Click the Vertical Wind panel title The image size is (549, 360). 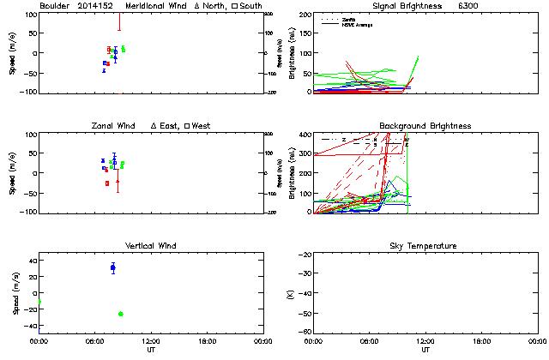[x=151, y=246]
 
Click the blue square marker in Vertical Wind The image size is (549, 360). [x=112, y=268]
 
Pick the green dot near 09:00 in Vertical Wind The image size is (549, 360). [x=120, y=314]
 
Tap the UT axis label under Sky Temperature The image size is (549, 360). [x=425, y=349]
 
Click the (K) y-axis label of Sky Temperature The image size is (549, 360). [x=288, y=292]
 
